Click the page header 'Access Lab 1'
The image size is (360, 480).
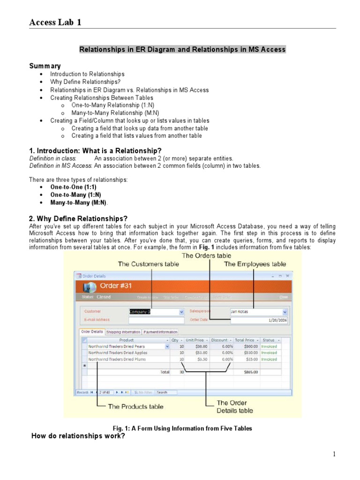tap(55, 22)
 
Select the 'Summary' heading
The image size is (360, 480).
tap(45, 66)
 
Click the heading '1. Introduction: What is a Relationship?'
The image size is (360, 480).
tap(96, 150)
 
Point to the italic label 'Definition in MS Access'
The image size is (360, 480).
tap(60, 165)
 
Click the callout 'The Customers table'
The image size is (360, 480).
tap(148, 264)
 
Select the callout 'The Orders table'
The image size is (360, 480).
tap(206, 255)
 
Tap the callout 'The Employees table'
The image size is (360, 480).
tap(255, 264)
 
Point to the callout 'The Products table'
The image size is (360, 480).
tap(135, 406)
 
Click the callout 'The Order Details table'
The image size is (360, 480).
tap(234, 406)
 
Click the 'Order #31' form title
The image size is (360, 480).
tap(117, 286)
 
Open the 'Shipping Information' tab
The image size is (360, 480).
tap(123, 332)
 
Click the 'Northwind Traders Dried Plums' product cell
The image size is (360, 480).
tap(117, 359)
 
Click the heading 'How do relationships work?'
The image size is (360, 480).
tap(78, 436)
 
